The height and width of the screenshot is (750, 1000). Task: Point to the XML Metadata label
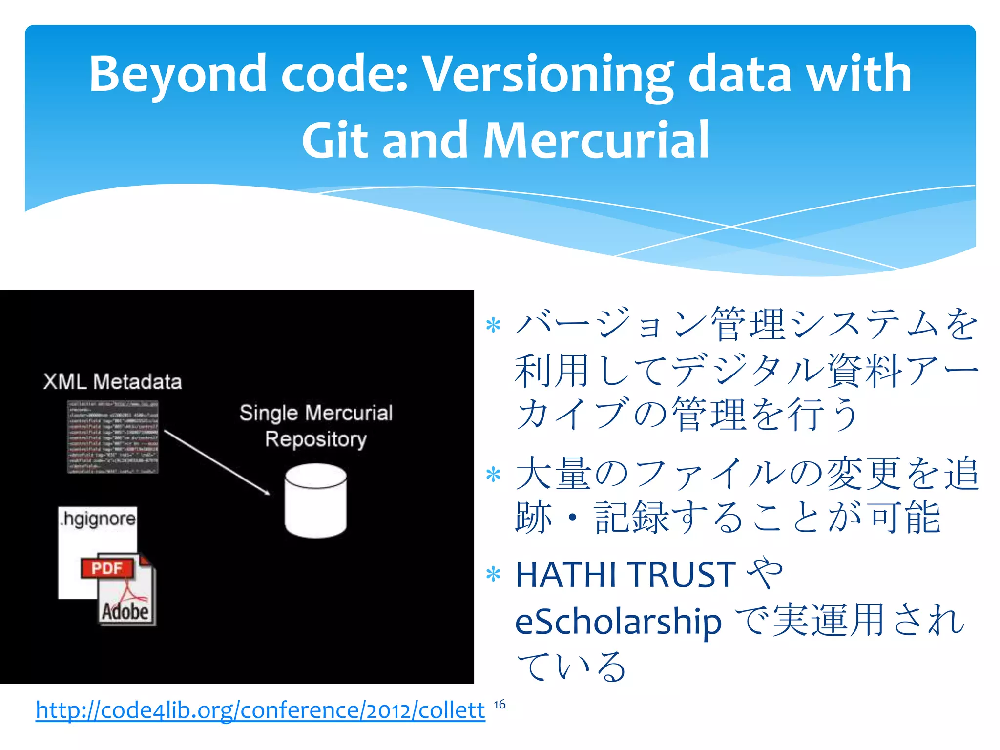click(x=112, y=382)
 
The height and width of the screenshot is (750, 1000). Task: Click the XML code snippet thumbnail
click(x=113, y=437)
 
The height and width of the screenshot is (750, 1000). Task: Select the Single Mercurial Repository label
click(x=316, y=426)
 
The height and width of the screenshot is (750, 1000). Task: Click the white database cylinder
click(x=316, y=501)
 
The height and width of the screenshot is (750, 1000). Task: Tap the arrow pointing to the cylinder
click(x=217, y=462)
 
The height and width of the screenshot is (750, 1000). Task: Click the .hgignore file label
click(x=98, y=519)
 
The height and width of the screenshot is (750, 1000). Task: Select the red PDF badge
click(x=107, y=568)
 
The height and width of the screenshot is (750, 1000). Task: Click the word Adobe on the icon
click(x=125, y=611)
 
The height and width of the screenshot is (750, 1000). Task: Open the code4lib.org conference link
click(x=260, y=710)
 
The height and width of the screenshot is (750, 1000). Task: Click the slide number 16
click(x=500, y=705)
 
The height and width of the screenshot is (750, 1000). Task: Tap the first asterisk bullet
click(x=494, y=325)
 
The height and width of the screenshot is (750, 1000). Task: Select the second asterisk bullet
click(x=494, y=474)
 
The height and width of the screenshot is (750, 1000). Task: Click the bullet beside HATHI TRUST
click(x=494, y=575)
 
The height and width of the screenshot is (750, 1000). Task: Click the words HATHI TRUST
click(x=625, y=575)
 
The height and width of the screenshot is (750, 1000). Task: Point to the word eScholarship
click(x=618, y=622)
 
